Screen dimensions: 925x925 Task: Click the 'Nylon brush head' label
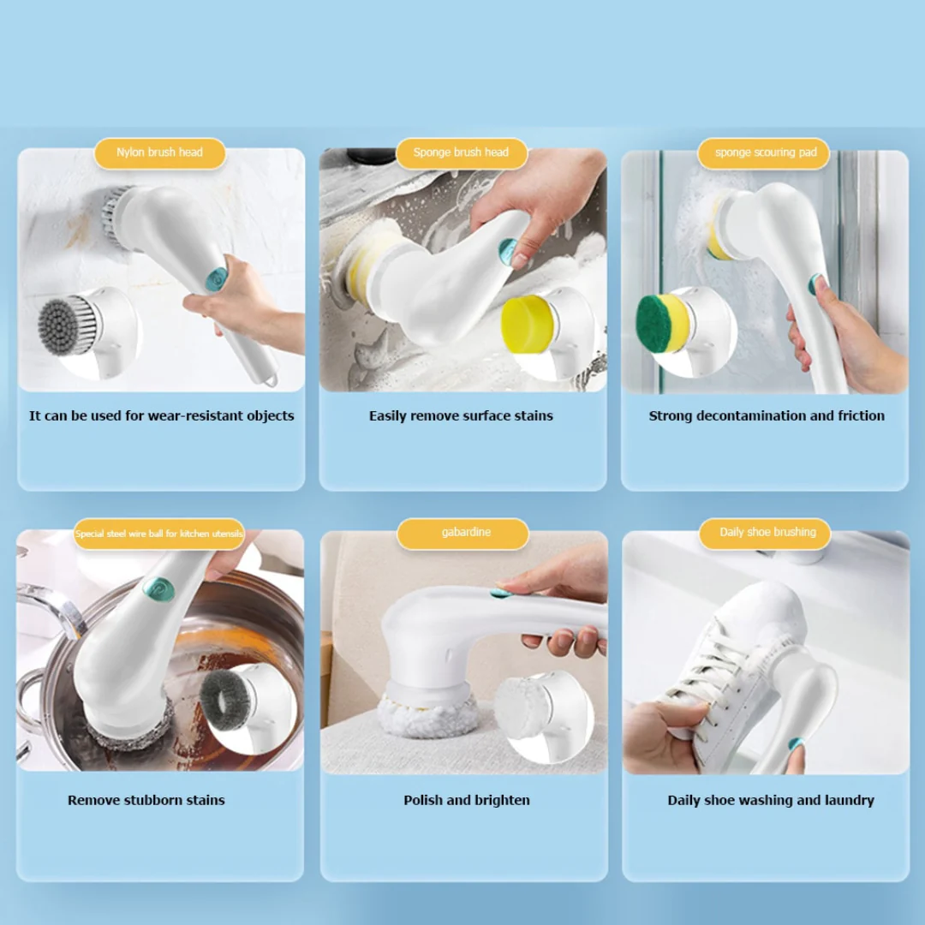159,152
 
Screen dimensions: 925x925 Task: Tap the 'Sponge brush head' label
461,152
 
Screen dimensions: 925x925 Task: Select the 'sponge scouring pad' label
765,152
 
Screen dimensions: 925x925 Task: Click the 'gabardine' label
466,533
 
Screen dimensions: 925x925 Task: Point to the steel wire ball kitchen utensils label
159,534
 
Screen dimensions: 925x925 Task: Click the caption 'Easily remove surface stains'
461,416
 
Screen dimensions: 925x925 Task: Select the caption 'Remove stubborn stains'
146,801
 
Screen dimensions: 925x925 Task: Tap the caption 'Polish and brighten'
467,801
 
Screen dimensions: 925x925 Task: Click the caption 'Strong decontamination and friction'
767,416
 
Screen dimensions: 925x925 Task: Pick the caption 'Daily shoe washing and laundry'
771,801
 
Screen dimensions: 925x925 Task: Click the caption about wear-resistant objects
161,416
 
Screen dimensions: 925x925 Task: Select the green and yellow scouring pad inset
663,323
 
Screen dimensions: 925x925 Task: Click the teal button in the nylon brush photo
217,278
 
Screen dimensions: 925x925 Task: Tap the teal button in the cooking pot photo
158,588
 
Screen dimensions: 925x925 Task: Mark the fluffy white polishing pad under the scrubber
428,718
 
